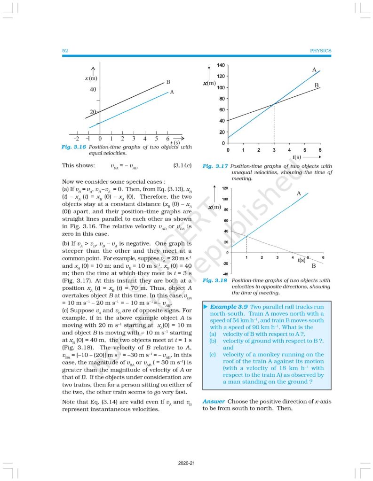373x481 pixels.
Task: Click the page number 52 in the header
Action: coord(65,51)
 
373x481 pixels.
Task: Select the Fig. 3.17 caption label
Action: coord(215,166)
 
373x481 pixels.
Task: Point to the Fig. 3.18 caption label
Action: coord(215,280)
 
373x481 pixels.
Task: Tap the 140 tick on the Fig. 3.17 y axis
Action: coord(220,65)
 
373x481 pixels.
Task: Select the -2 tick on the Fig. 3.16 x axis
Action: coord(77,139)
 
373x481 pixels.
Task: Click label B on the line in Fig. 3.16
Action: coord(168,82)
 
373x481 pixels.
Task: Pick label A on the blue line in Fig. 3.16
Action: coord(172,92)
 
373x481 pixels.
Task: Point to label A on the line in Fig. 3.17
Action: coord(314,70)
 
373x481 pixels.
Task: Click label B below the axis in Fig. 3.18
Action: coord(314,266)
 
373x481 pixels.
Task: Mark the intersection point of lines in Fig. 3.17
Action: coord(274,104)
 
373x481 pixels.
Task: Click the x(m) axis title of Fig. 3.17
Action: coord(210,83)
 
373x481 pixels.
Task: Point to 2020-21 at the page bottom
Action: coord(186,464)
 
